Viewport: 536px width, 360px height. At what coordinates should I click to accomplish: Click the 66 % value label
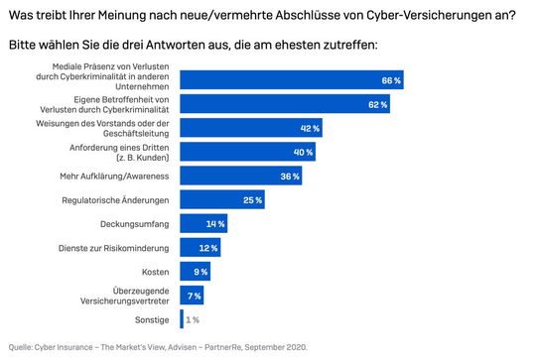click(391, 80)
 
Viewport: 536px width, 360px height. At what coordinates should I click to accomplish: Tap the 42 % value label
click(310, 128)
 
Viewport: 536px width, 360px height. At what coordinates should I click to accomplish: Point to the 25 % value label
click(253, 199)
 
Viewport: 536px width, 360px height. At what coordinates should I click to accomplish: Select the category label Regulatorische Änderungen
click(123, 199)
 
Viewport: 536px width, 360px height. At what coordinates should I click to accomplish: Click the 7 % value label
click(193, 295)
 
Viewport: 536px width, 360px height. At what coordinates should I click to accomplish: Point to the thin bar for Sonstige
click(182, 318)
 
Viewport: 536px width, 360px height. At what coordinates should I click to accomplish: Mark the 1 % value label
click(194, 318)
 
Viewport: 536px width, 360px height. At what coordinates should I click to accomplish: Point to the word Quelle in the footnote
click(21, 346)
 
